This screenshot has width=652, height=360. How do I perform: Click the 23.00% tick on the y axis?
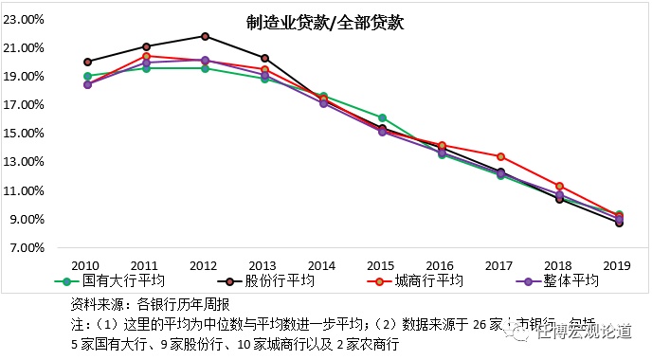click(26, 19)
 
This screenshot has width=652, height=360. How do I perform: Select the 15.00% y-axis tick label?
click(26, 134)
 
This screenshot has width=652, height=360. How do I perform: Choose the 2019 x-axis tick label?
click(619, 266)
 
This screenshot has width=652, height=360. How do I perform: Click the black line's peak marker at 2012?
click(206, 36)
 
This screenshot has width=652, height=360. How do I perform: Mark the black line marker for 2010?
click(87, 62)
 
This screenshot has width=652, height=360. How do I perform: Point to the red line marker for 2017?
click(500, 156)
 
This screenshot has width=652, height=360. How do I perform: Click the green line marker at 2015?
click(383, 117)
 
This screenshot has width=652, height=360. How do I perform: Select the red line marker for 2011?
click(147, 56)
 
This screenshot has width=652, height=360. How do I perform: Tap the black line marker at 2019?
click(619, 223)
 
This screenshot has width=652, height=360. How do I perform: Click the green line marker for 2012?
click(206, 68)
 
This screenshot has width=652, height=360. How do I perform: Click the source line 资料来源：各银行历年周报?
click(151, 305)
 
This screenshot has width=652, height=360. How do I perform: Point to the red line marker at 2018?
click(559, 186)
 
